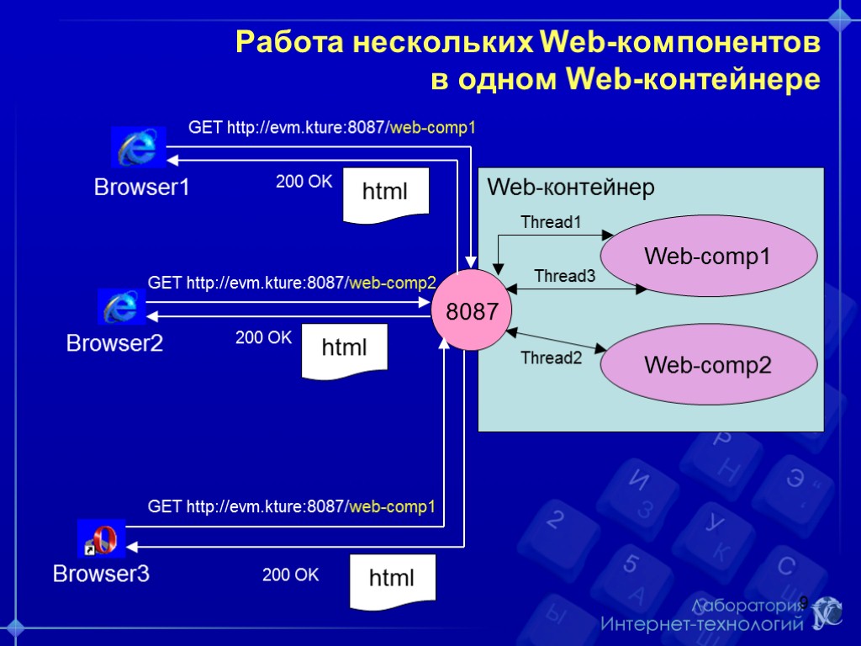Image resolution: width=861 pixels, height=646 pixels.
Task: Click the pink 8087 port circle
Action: pos(466,311)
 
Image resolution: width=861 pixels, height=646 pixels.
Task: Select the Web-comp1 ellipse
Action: pos(708,256)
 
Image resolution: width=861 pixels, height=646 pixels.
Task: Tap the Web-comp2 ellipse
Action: pos(708,365)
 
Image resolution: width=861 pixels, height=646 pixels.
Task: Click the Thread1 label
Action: pos(551,222)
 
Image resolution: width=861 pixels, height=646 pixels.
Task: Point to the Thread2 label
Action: pos(551,358)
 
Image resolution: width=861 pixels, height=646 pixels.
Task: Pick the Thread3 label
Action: pos(564,276)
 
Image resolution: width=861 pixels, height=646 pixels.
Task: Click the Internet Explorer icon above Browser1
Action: pos(139,147)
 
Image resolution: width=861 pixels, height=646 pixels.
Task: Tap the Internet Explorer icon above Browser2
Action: pos(122,307)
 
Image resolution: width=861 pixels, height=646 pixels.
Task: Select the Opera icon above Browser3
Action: pos(102,539)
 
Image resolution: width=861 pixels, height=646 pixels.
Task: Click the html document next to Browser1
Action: pos(386,193)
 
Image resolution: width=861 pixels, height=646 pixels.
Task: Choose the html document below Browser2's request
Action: pos(345,348)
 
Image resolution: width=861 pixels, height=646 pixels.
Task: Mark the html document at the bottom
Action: pos(393,580)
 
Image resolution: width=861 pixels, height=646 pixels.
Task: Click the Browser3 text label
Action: pos(101,575)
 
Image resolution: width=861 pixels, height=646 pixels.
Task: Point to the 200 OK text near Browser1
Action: pos(304,182)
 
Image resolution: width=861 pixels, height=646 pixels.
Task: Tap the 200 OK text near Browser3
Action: pos(291,575)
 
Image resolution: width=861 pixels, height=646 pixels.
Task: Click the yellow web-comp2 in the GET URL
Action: pos(393,283)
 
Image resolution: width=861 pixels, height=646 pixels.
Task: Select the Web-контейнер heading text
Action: pos(571,188)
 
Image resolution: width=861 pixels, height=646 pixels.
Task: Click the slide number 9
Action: pos(803,602)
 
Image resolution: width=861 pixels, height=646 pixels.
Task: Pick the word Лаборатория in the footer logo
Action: pos(747,606)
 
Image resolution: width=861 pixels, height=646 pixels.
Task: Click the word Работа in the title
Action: pos(284,42)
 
